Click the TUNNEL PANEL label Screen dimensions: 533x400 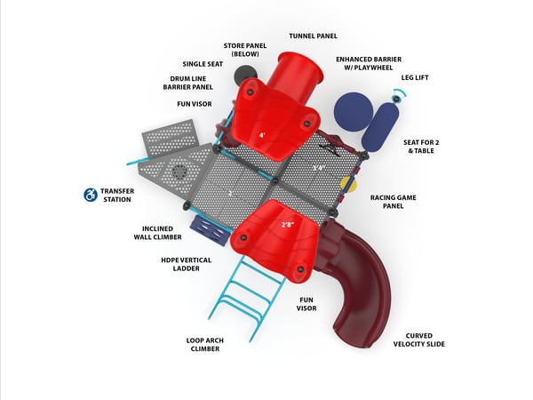pyautogui.click(x=313, y=36)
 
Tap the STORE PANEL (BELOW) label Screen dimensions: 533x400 pyautogui.click(x=245, y=50)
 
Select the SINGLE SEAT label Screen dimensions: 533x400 pyautogui.click(x=203, y=64)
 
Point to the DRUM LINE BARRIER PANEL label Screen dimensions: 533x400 pyautogui.click(x=188, y=83)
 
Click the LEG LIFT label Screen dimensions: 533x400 pyautogui.click(x=415, y=77)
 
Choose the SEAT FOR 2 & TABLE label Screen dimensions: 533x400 pyautogui.click(x=421, y=147)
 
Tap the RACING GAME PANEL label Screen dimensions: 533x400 pyautogui.click(x=394, y=202)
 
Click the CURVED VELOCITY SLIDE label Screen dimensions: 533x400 pyautogui.click(x=419, y=340)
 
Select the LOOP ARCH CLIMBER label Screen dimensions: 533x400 pyautogui.click(x=205, y=345)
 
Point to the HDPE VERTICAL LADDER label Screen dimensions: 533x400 pyautogui.click(x=187, y=264)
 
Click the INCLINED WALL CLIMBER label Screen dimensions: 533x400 pyautogui.click(x=158, y=233)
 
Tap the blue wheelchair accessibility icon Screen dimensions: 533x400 pyautogui.click(x=91, y=195)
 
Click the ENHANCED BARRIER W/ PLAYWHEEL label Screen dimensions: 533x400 pyautogui.click(x=369, y=63)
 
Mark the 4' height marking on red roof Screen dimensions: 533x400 pyautogui.click(x=262, y=135)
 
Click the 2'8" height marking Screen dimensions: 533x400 pyautogui.click(x=287, y=225)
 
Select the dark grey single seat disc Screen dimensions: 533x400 pyautogui.click(x=245, y=73)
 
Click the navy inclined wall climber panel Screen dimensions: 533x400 pyautogui.click(x=208, y=228)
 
